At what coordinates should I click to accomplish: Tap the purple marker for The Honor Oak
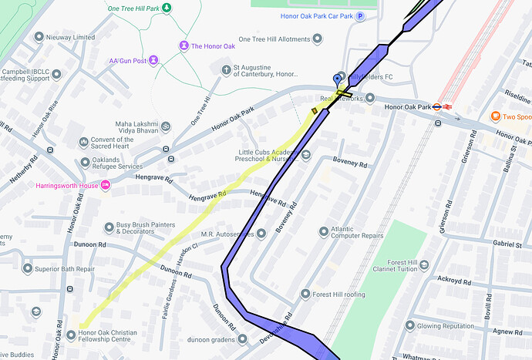[184, 46]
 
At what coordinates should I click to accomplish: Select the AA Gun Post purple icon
[153, 59]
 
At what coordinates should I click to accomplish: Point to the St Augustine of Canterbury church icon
[225, 69]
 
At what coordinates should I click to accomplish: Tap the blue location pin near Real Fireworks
[336, 80]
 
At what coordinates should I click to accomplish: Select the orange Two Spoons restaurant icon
[495, 116]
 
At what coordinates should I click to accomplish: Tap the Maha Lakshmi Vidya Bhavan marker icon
[165, 126]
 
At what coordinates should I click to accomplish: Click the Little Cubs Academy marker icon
[306, 155]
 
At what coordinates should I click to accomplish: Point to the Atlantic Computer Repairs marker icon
[324, 231]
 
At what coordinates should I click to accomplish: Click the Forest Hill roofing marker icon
[305, 294]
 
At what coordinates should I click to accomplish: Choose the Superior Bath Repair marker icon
[28, 269]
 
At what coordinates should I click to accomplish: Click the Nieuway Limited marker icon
[39, 37]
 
